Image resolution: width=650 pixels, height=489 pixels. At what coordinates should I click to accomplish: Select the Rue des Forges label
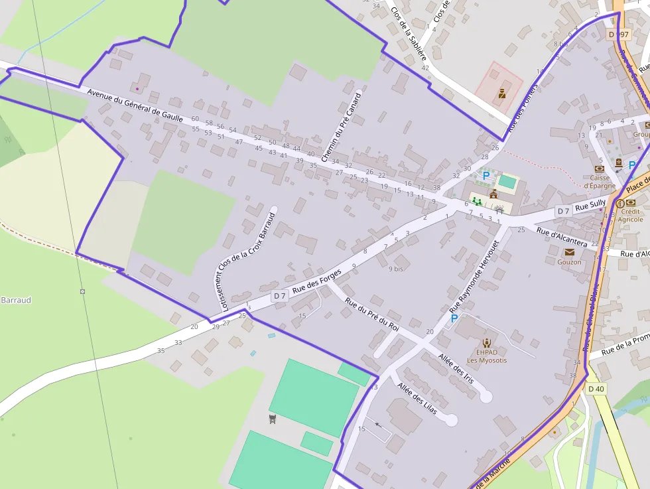[x=317, y=281]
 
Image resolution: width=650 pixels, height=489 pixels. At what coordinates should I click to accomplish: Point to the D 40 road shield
[x=596, y=389]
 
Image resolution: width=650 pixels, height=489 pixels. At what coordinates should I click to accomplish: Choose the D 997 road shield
[x=618, y=34]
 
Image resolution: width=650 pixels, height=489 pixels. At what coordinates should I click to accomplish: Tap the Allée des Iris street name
[x=456, y=368]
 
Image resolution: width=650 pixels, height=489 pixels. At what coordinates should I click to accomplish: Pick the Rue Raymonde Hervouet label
[x=473, y=277]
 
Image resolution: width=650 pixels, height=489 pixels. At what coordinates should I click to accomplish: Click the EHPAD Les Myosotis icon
[x=487, y=342]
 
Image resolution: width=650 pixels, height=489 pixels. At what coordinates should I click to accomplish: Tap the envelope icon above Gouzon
[x=569, y=252]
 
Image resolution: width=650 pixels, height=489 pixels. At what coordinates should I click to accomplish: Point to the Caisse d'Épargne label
[x=600, y=182]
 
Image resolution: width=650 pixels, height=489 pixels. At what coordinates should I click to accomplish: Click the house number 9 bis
[x=396, y=269]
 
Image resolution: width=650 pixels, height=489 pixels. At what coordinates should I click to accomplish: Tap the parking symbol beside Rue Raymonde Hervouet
[x=454, y=319]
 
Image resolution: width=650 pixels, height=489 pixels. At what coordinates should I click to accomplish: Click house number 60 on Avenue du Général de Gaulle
[x=195, y=119]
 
